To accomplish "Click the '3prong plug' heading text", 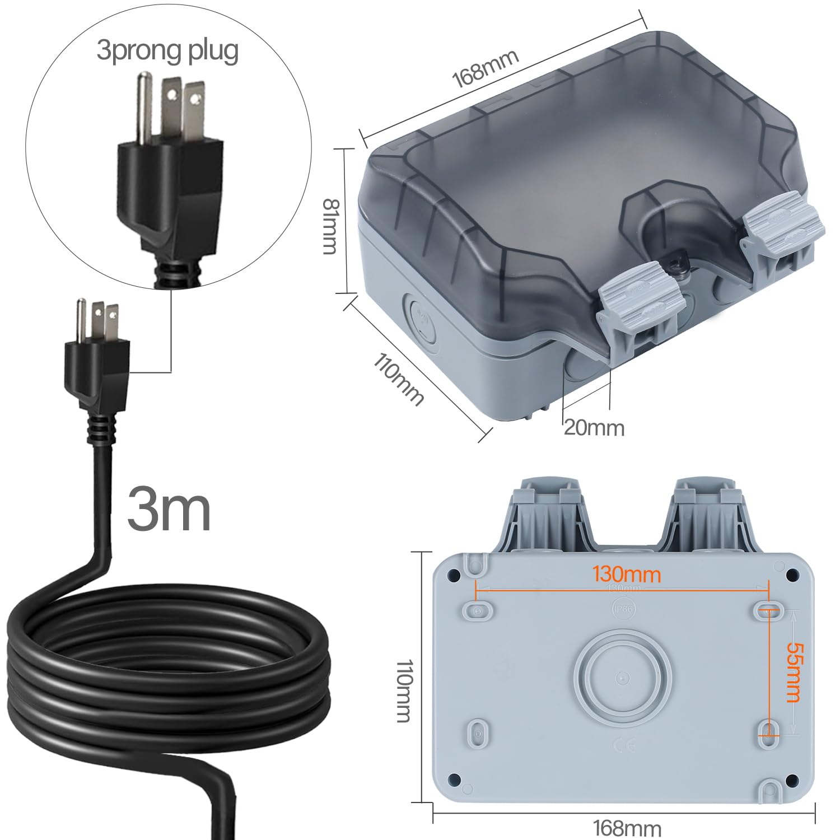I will [x=167, y=50].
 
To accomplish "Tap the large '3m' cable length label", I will [x=169, y=508].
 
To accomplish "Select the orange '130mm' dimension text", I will [x=627, y=575].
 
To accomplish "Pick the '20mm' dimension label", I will [x=594, y=428].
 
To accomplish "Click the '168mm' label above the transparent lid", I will [x=485, y=68].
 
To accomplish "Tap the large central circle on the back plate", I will [x=623, y=678].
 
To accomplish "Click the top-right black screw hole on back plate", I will [x=792, y=575].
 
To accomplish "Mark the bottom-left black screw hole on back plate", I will [x=455, y=779].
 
